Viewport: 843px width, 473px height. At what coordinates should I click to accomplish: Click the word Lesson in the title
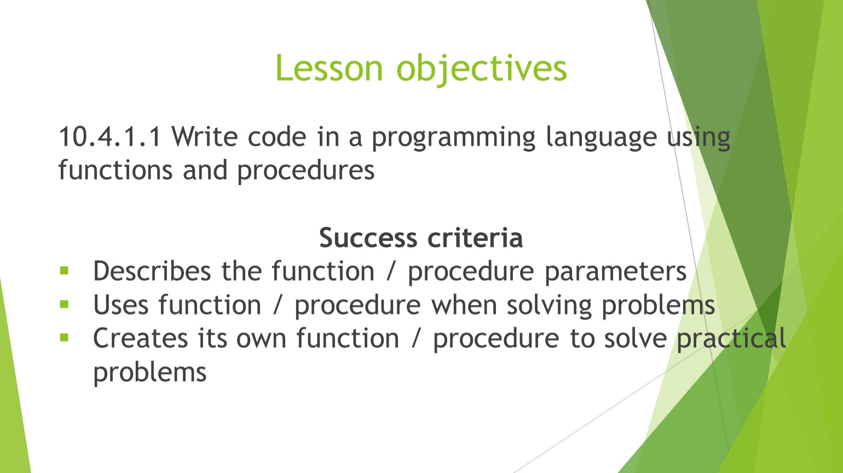tap(330, 68)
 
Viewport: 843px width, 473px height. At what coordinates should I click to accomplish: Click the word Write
tap(205, 136)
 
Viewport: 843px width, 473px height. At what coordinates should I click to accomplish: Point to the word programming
tap(453, 139)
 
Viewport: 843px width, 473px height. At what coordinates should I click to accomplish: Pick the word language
tap(602, 139)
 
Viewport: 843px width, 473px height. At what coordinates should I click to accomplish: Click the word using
tap(699, 139)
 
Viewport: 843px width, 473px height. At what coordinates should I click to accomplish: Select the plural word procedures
tap(305, 172)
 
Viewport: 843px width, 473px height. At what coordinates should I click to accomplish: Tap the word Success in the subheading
tap(368, 238)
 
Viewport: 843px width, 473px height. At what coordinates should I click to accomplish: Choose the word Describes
tap(152, 271)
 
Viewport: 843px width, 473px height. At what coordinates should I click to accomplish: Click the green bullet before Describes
tap(65, 270)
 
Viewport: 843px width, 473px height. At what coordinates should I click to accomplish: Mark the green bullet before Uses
tap(65, 304)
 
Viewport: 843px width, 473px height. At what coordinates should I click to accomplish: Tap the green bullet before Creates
tap(65, 338)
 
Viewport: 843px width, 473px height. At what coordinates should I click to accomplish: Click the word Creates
tap(140, 338)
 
